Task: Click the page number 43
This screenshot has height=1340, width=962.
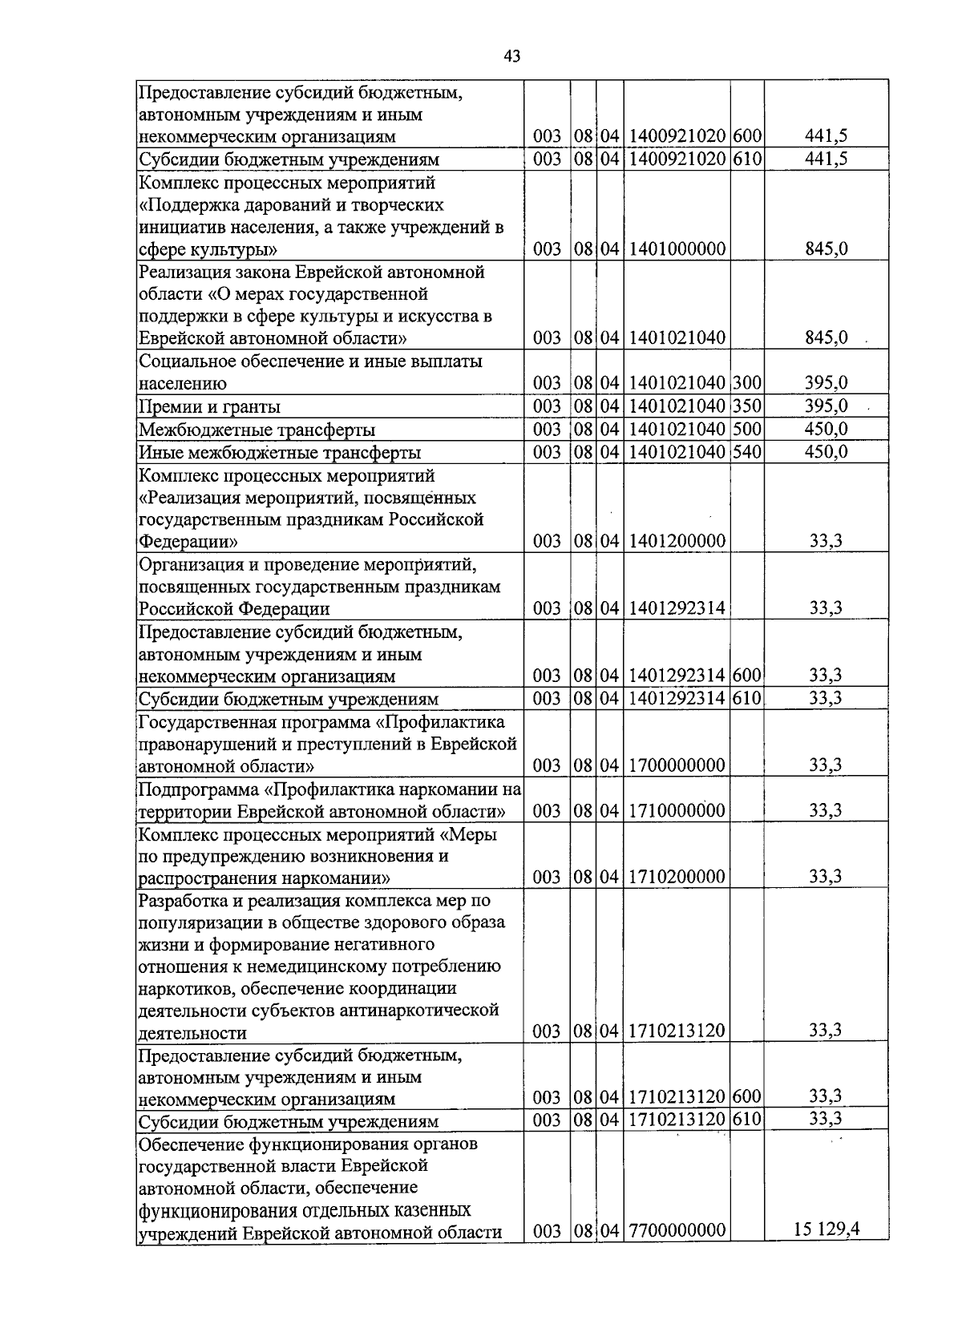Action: pyautogui.click(x=512, y=55)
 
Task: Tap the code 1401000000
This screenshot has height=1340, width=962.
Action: pyautogui.click(x=677, y=249)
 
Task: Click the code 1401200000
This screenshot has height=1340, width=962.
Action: pyautogui.click(x=677, y=542)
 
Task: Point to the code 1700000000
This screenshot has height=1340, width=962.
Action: pyautogui.click(x=677, y=765)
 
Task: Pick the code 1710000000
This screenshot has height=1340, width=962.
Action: pyautogui.click(x=677, y=810)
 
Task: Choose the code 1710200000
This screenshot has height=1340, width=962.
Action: pyautogui.click(x=677, y=877)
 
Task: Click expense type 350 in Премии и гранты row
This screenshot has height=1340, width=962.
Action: pyautogui.click(x=746, y=406)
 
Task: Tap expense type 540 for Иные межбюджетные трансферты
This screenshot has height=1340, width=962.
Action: pyautogui.click(x=746, y=452)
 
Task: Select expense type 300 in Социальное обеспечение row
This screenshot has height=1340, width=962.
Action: pyautogui.click(x=746, y=383)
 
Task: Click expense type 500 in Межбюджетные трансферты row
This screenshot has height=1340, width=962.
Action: pyautogui.click(x=746, y=430)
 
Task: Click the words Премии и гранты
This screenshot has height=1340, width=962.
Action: pyautogui.click(x=209, y=407)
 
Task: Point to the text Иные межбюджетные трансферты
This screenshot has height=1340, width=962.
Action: pyautogui.click(x=280, y=453)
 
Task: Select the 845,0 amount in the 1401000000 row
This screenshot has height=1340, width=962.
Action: pyautogui.click(x=826, y=249)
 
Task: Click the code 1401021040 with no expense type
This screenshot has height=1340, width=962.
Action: pyautogui.click(x=677, y=338)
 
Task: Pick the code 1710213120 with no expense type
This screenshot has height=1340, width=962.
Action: pyautogui.click(x=677, y=1031)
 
